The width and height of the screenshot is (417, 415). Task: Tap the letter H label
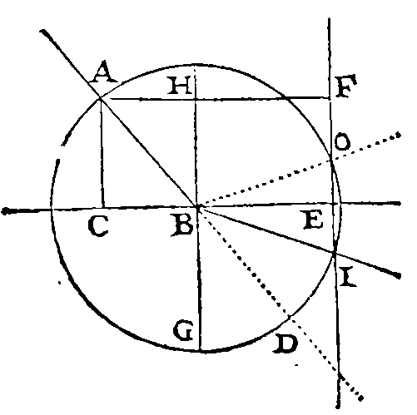[x=180, y=85]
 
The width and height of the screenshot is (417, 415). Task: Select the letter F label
[x=345, y=86]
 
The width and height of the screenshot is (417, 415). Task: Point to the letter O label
[x=342, y=141]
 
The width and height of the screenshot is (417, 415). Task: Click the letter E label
[x=313, y=220]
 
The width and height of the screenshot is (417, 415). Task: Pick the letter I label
[x=348, y=276]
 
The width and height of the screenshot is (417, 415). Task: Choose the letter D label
[x=285, y=343]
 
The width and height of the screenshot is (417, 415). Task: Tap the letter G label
[x=183, y=330]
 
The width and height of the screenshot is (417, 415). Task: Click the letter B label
[x=182, y=225]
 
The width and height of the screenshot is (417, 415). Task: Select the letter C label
[x=98, y=227]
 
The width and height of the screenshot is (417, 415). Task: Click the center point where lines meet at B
[x=198, y=206]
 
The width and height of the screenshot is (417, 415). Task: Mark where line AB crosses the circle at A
[x=101, y=97]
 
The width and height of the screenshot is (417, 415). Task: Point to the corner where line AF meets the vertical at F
[x=330, y=97]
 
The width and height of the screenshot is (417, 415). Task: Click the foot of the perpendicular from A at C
[x=103, y=208]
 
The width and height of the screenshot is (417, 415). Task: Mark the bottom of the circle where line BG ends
[x=201, y=351]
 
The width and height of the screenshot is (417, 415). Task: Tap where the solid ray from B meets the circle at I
[x=335, y=252]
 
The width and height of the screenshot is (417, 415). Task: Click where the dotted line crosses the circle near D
[x=290, y=316]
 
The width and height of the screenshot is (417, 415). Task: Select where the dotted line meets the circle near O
[x=330, y=160]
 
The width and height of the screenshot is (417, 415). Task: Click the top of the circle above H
[x=195, y=66]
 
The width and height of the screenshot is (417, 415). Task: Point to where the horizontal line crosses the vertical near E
[x=333, y=204]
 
